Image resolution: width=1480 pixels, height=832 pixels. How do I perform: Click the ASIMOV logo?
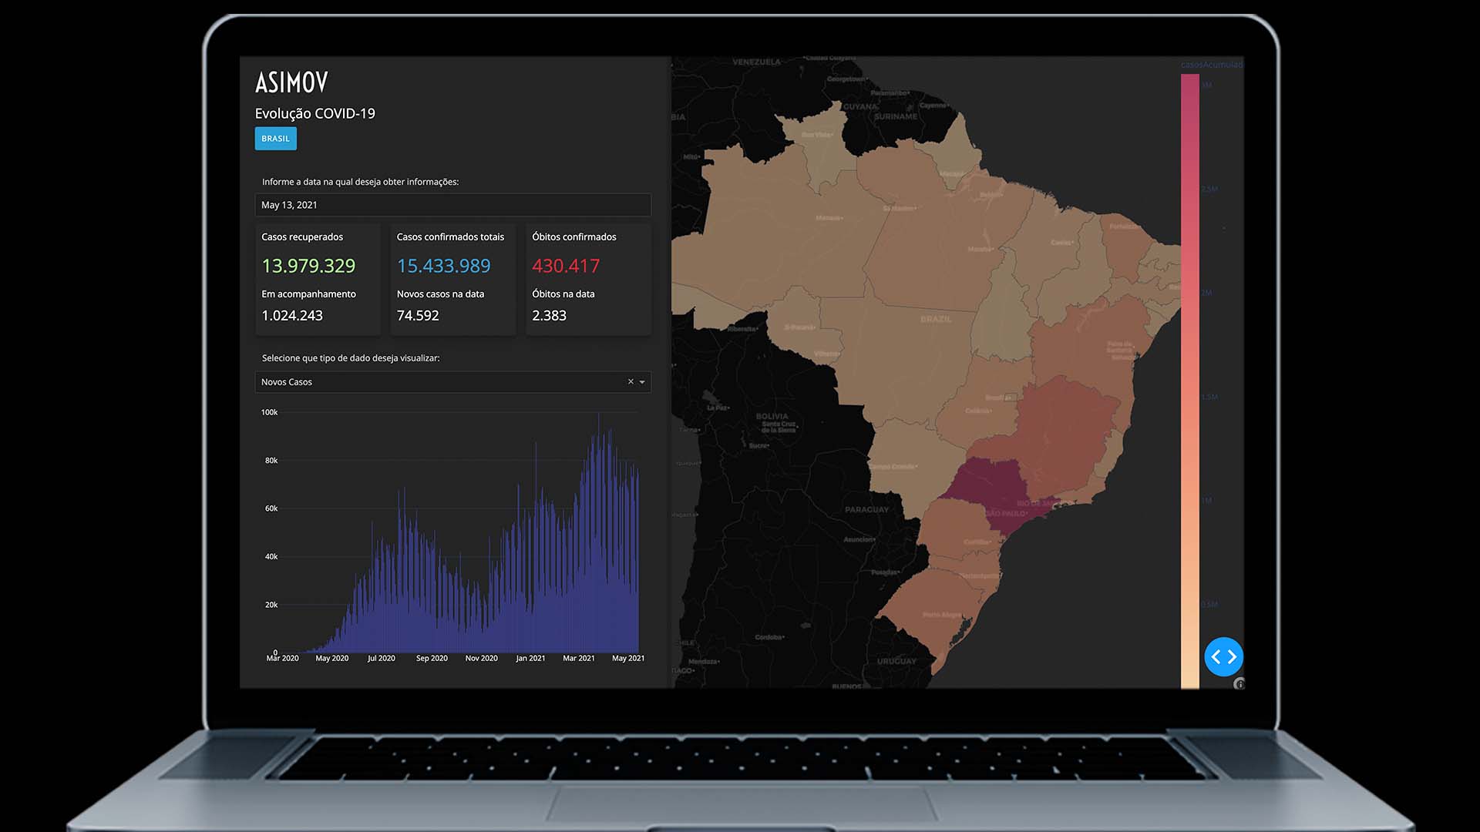291,82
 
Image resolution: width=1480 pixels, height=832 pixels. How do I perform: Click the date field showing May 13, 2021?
452,205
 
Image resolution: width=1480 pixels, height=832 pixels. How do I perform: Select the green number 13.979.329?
308,266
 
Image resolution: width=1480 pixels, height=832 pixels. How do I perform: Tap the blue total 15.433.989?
443,266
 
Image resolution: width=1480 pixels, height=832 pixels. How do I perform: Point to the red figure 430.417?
566,266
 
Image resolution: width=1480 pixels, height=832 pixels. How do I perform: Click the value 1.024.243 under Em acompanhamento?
292,316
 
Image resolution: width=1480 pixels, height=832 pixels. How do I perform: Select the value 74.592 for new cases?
418,316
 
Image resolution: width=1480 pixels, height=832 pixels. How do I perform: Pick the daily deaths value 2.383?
549,316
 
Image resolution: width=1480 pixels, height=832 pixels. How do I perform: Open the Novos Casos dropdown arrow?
642,382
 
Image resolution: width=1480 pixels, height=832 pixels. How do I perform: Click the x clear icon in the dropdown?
631,381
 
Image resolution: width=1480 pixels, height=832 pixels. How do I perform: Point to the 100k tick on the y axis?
269,412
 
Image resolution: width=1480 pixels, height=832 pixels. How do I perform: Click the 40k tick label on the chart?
271,556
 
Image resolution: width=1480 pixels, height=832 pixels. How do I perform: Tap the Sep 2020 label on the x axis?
432,658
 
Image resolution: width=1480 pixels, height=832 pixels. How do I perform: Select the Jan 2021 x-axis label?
530,658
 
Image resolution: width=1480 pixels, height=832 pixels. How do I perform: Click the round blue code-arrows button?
1223,656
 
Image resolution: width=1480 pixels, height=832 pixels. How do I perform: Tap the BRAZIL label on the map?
936,319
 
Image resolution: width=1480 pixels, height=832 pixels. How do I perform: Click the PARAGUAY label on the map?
866,509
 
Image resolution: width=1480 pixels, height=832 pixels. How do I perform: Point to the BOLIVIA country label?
772,416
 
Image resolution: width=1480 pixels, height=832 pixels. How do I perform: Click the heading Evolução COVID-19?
314,113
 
